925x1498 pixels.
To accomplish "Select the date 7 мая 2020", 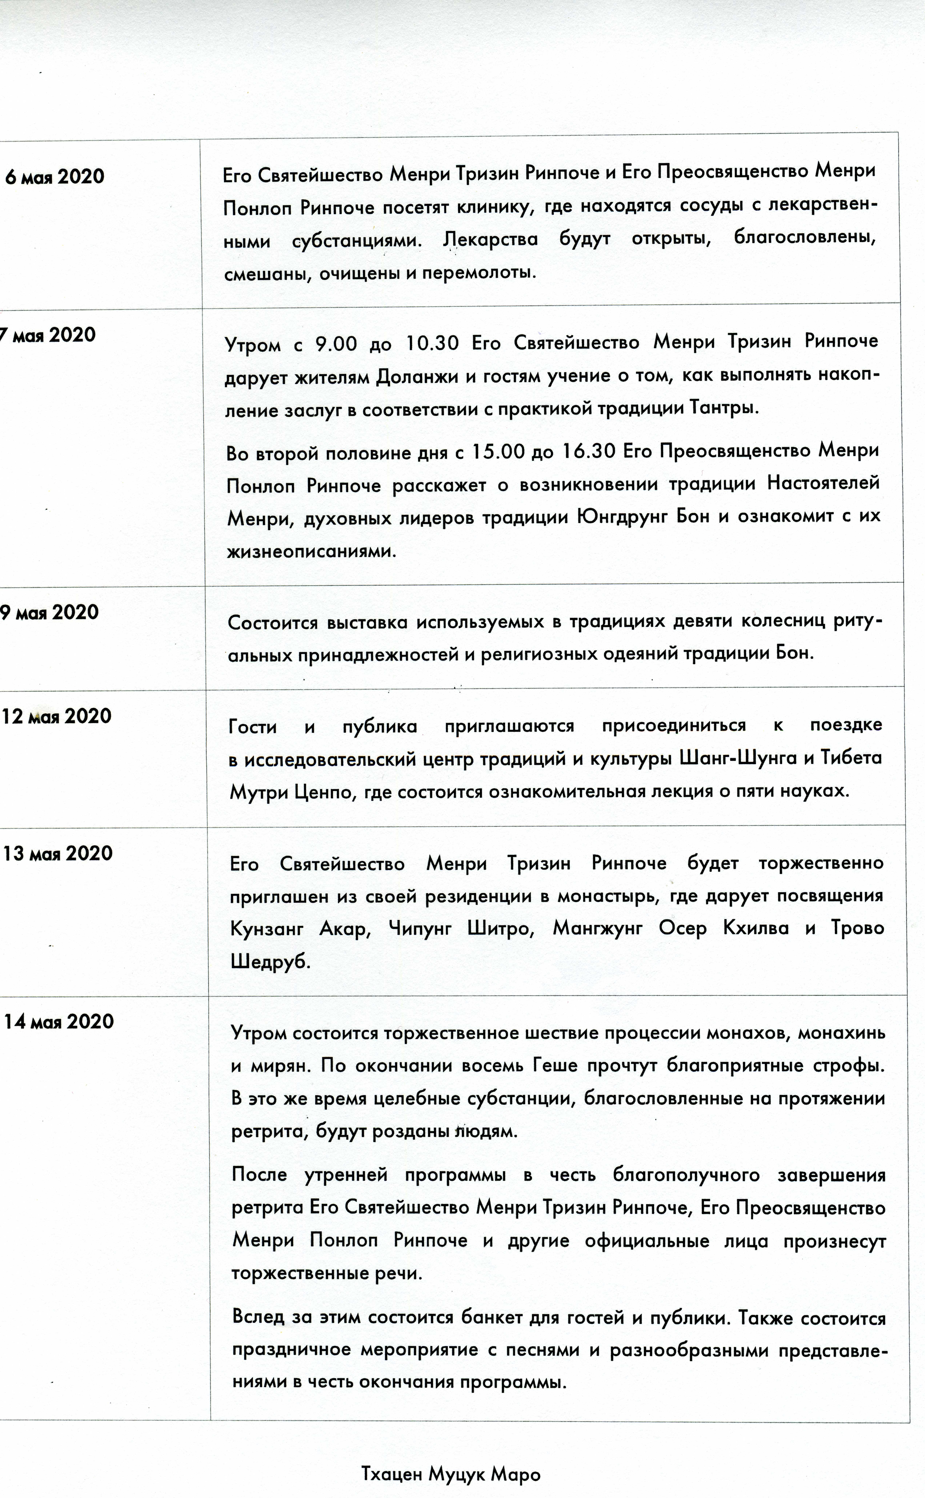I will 48,335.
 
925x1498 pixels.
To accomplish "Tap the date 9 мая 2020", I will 49,612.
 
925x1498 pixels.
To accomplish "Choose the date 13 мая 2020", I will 58,853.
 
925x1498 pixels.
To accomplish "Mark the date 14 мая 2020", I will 59,1022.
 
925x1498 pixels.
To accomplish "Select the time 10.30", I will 432,343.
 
